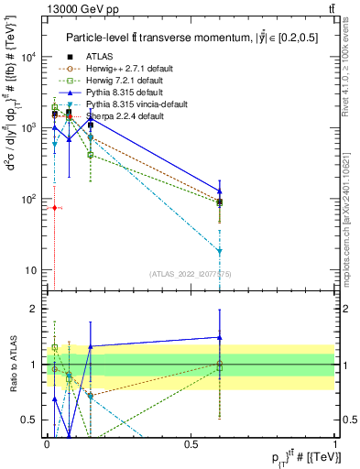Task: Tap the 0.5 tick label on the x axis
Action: [191, 444]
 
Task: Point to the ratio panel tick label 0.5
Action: [29, 420]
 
